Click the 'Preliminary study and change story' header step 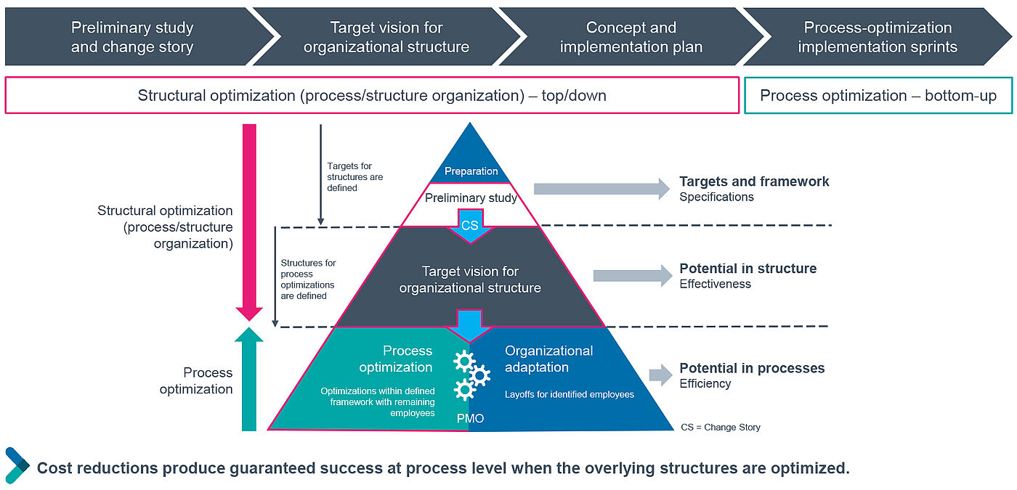[x=132, y=37]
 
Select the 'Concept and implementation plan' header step [x=631, y=37]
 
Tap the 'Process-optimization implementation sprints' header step [x=878, y=37]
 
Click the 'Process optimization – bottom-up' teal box [x=878, y=96]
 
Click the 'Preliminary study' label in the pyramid [x=471, y=197]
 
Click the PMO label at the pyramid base [x=470, y=418]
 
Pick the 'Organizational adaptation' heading [x=548, y=359]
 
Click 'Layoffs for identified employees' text [x=570, y=394]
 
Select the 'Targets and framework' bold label [x=754, y=181]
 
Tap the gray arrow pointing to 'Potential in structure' [x=632, y=275]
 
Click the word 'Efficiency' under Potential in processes [x=705, y=383]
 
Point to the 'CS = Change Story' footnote [x=721, y=427]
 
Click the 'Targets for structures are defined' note [x=354, y=176]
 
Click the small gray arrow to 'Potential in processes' [x=660, y=375]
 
